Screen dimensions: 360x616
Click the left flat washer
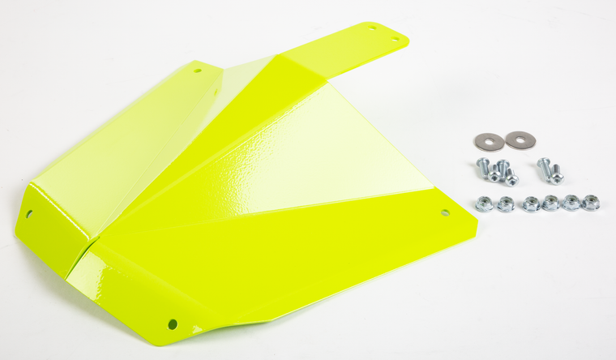point(489,141)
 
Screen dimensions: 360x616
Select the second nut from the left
point(506,204)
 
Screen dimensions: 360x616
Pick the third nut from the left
point(531,204)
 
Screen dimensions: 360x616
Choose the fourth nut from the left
point(550,203)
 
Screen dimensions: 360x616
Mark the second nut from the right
point(571,202)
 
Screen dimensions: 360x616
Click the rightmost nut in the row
point(591,202)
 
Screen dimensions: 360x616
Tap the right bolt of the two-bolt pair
point(557,173)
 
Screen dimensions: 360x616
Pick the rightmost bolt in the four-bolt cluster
point(511,177)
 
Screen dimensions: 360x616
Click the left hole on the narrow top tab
point(372,28)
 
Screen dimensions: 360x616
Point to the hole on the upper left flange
point(197,71)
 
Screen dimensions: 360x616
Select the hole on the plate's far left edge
point(30,215)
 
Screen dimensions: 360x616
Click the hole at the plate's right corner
point(445,212)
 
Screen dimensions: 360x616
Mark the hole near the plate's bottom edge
point(173,324)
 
